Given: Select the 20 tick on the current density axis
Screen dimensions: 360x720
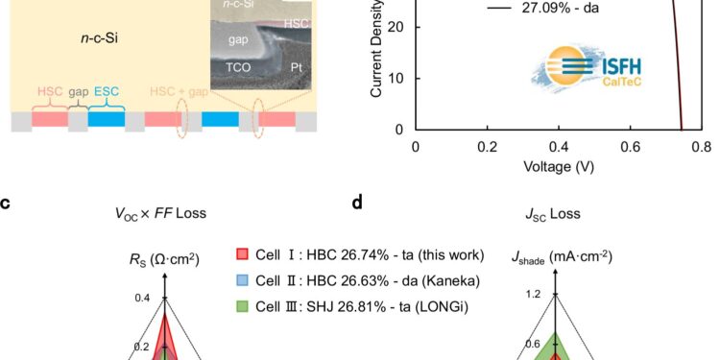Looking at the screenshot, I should (x=398, y=27).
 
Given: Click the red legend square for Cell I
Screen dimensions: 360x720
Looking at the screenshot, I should (x=244, y=254).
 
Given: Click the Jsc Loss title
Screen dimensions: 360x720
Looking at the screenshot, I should (x=554, y=213).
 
